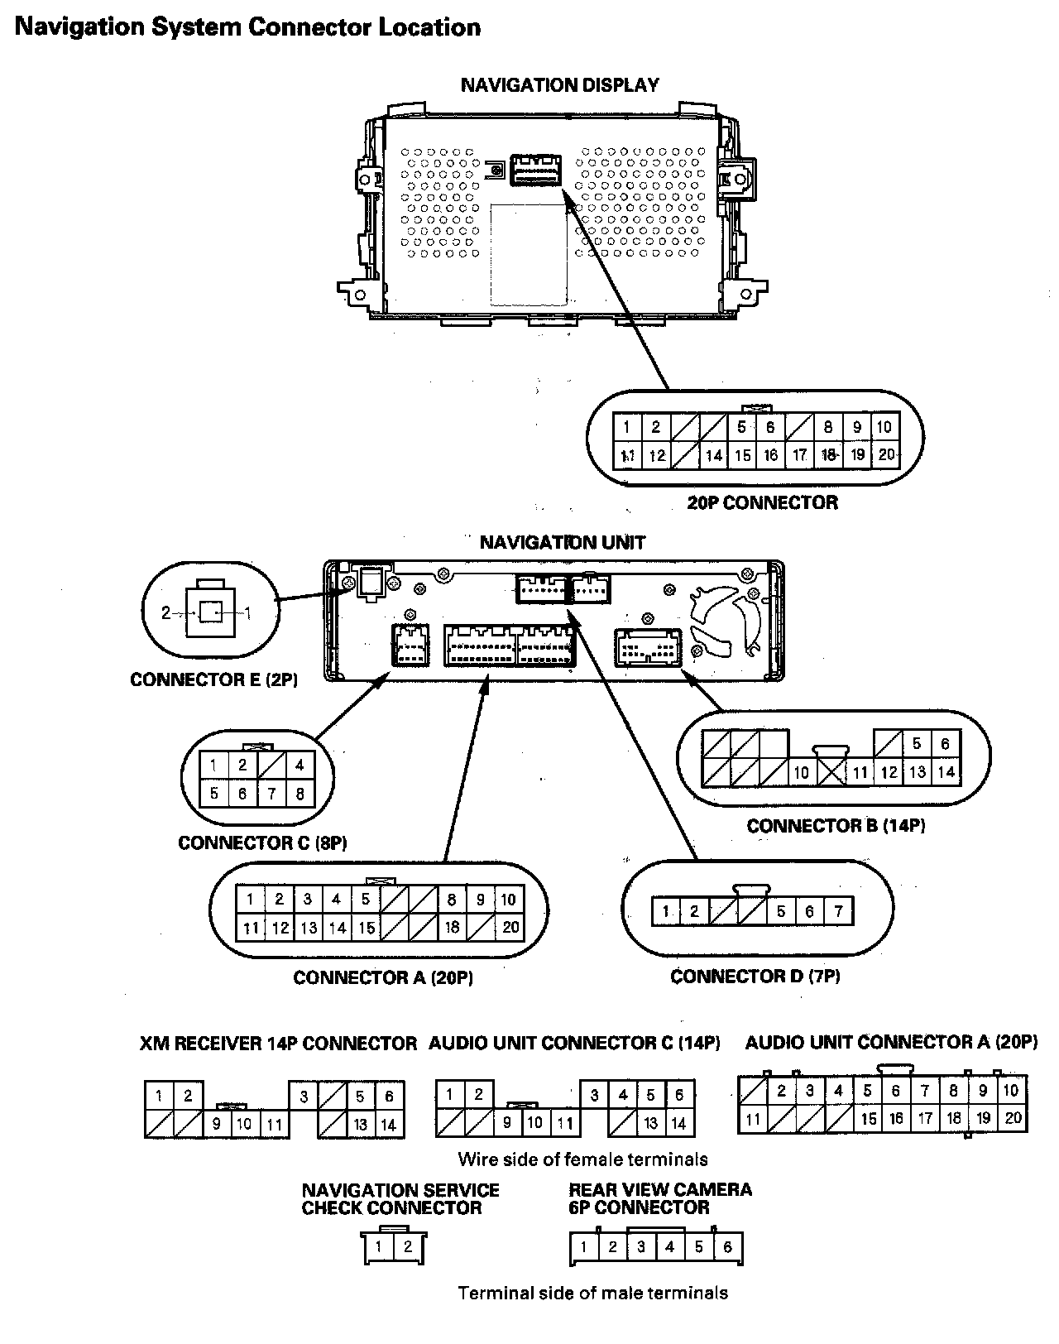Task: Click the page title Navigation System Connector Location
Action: coord(247,27)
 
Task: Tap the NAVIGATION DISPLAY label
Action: coord(559,84)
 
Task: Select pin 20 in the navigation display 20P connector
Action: coord(886,454)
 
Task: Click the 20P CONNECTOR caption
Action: coord(762,502)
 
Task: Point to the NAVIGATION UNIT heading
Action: coord(562,543)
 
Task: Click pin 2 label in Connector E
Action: coord(166,613)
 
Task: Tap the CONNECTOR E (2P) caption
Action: coord(213,679)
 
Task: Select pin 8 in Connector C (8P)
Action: coord(299,794)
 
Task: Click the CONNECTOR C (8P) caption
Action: coord(262,843)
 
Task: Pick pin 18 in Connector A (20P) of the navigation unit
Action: coord(452,928)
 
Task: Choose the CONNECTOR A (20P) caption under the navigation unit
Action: coord(383,977)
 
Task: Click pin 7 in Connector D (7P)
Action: coord(838,912)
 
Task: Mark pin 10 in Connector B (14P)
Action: coord(801,773)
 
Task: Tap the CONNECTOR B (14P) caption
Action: coord(836,826)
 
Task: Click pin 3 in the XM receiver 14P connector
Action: coord(304,1097)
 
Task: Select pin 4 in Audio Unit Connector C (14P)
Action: coord(622,1096)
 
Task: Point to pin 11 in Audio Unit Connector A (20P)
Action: coord(753,1120)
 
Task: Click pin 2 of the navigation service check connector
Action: coord(407,1247)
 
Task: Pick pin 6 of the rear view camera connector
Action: coord(727,1247)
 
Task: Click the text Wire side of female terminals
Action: coord(582,1159)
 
